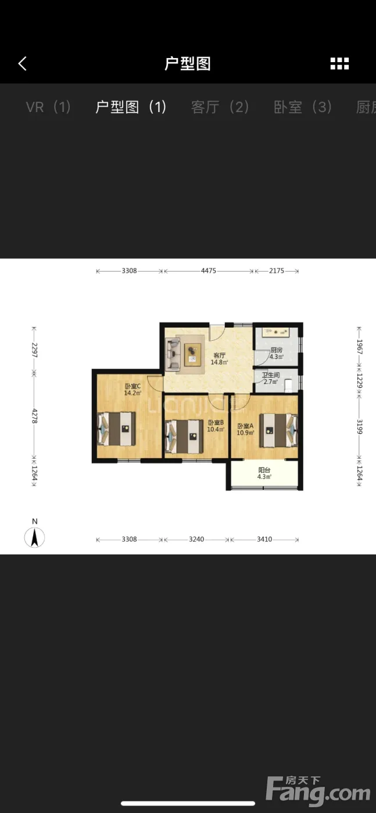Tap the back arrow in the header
click(23, 63)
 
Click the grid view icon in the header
click(339, 63)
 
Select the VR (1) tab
click(48, 107)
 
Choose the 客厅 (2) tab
click(220, 107)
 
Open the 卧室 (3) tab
click(303, 107)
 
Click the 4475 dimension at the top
click(209, 271)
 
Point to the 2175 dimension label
click(277, 271)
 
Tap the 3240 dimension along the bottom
click(196, 539)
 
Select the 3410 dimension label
click(264, 539)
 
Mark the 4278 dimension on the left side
click(34, 416)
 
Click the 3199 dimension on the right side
click(359, 427)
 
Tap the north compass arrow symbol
click(34, 538)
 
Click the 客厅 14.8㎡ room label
click(220, 359)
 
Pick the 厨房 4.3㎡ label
click(277, 353)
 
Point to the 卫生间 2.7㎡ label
click(271, 378)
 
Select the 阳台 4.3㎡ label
click(264, 473)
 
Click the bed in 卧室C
click(117, 429)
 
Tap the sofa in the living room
click(173, 354)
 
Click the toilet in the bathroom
click(288, 386)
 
